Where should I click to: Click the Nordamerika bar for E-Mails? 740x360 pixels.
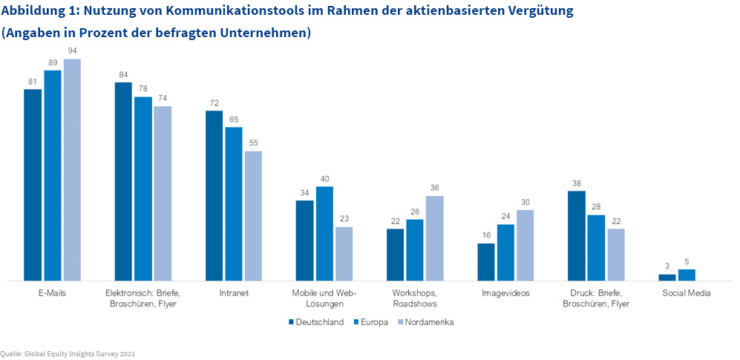click(72, 170)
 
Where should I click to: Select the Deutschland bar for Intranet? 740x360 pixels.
click(214, 196)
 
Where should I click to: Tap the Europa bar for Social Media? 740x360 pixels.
click(687, 275)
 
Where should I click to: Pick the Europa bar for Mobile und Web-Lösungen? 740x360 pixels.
click(324, 234)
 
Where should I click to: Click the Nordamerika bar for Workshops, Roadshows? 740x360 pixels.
click(434, 238)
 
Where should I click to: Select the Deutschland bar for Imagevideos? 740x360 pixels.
click(486, 262)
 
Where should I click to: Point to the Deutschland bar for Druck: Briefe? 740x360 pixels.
click(577, 236)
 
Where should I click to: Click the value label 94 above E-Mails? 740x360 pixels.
click(72, 51)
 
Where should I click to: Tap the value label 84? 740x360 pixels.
click(123, 74)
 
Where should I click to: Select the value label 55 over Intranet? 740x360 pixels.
click(253, 143)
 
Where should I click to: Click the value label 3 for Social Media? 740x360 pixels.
click(667, 266)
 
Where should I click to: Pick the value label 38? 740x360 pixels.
click(577, 183)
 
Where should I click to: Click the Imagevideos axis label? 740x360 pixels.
click(505, 293)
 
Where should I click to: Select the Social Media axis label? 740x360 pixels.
click(687, 293)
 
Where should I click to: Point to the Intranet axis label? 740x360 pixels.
click(233, 293)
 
